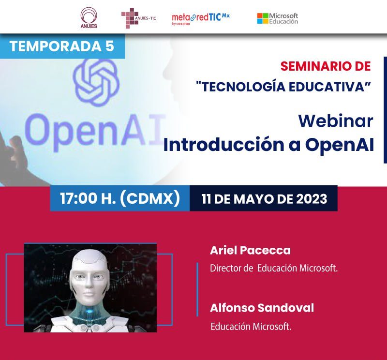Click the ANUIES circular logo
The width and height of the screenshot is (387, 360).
click(89, 17)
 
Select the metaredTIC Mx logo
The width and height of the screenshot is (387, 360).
click(201, 18)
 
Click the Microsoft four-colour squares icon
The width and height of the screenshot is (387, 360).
click(263, 18)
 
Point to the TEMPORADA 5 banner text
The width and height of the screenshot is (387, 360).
click(62, 46)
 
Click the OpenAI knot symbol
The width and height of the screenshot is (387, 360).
click(96, 82)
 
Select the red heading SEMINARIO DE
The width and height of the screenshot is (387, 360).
click(326, 66)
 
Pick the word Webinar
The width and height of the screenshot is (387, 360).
click(336, 121)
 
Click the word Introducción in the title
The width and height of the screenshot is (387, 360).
click(224, 145)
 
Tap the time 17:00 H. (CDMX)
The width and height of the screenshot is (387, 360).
click(120, 198)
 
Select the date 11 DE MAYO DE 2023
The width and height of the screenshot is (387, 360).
click(264, 199)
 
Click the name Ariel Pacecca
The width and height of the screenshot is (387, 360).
click(250, 250)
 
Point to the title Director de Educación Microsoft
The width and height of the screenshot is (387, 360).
click(274, 268)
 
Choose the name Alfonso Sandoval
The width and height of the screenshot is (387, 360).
click(262, 308)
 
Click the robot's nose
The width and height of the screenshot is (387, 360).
click(89, 285)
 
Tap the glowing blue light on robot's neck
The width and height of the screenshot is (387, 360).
click(89, 311)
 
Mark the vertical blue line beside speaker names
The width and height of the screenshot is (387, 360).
click(197, 289)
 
